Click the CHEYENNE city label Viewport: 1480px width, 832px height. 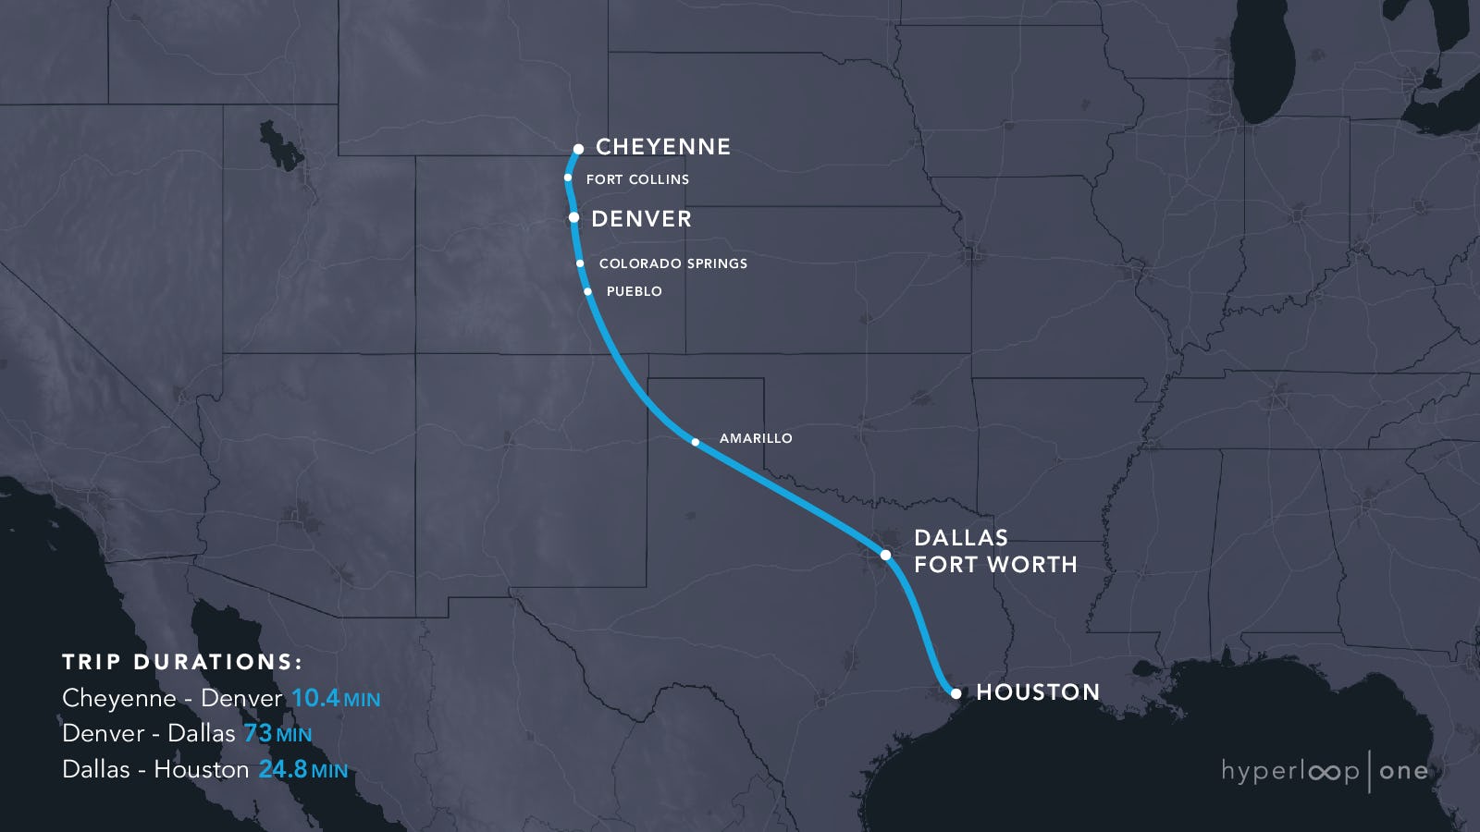pyautogui.click(x=662, y=147)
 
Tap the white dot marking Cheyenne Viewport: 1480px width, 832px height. pyautogui.click(x=578, y=149)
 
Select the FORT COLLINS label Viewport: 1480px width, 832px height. pyautogui.click(x=637, y=179)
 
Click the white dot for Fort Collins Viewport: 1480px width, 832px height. pyautogui.click(x=568, y=177)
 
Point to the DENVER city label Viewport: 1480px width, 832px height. pyautogui.click(x=641, y=219)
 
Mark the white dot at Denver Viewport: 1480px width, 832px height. pyautogui.click(x=573, y=218)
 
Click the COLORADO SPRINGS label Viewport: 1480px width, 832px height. pyautogui.click(x=672, y=263)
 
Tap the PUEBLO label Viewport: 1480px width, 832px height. pyautogui.click(x=634, y=291)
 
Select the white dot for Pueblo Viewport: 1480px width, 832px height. pyautogui.click(x=587, y=291)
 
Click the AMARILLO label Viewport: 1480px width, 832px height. pyautogui.click(x=756, y=438)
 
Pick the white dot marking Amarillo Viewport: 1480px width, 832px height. pyautogui.click(x=696, y=442)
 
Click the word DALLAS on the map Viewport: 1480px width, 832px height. pyautogui.click(x=960, y=538)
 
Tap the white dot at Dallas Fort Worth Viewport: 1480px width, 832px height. pyautogui.click(x=885, y=555)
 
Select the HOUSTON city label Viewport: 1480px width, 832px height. pyautogui.click(x=1038, y=692)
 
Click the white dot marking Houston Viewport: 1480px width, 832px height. pyautogui.click(x=956, y=692)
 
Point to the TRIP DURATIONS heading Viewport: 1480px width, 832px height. pyautogui.click(x=182, y=662)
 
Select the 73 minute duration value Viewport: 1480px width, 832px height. pyautogui.click(x=258, y=733)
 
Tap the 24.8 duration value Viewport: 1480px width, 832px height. pyautogui.click(x=282, y=769)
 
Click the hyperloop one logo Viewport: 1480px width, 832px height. pyautogui.click(x=1324, y=771)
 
